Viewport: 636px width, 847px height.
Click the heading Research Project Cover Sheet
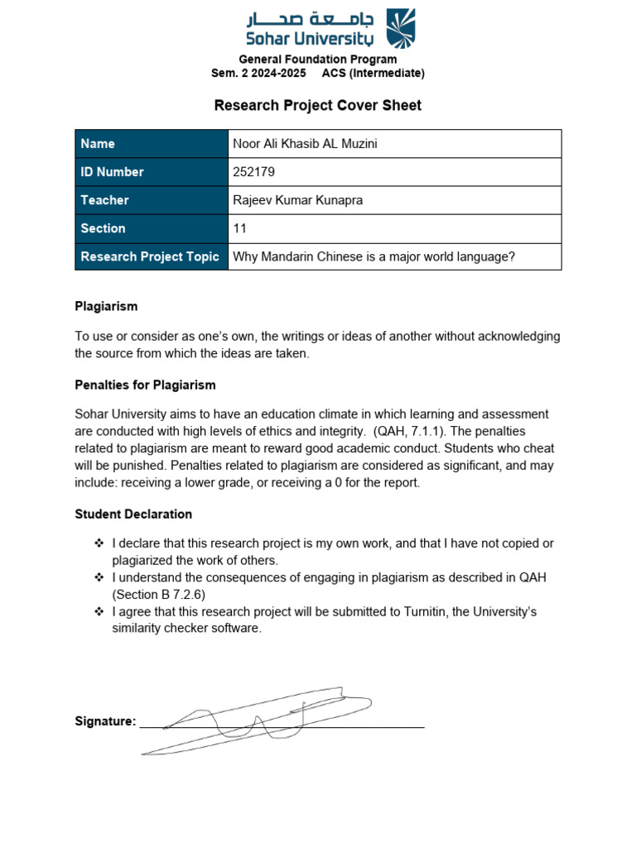pyautogui.click(x=318, y=105)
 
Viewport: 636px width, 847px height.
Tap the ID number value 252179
pyautogui.click(x=254, y=172)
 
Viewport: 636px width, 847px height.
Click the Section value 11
pyautogui.click(x=239, y=228)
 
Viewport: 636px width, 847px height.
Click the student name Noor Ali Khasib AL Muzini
pyautogui.click(x=305, y=144)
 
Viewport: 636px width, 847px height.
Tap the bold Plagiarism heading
pyautogui.click(x=106, y=306)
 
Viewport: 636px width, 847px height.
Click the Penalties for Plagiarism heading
pyautogui.click(x=145, y=385)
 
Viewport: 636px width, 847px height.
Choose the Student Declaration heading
pyautogui.click(x=133, y=514)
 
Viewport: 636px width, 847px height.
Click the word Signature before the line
pyautogui.click(x=105, y=721)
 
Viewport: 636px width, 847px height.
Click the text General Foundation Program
pyautogui.click(x=318, y=60)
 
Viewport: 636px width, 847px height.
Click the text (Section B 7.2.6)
pyautogui.click(x=159, y=594)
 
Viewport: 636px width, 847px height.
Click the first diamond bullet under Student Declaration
pyautogui.click(x=99, y=543)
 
